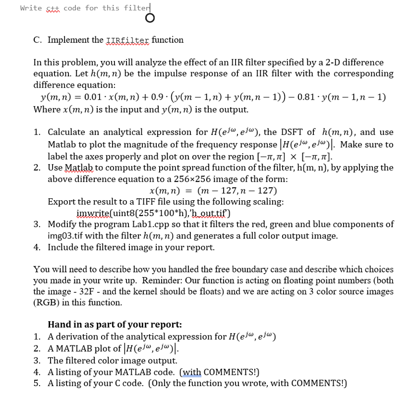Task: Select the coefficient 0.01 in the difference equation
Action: (x=94, y=98)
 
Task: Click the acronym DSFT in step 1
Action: (x=304, y=132)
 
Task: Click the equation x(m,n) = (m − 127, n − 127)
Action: (x=213, y=190)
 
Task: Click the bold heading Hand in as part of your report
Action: (x=115, y=325)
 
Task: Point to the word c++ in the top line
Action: (x=53, y=8)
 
